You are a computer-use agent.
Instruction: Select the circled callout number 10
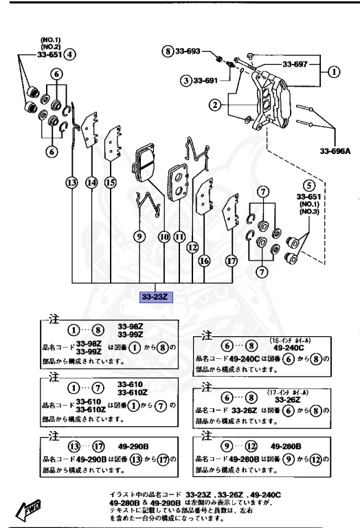tap(164, 236)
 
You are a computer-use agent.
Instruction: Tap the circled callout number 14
tap(91, 182)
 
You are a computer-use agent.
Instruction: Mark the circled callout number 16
tap(204, 261)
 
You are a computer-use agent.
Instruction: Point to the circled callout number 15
tap(110, 182)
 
